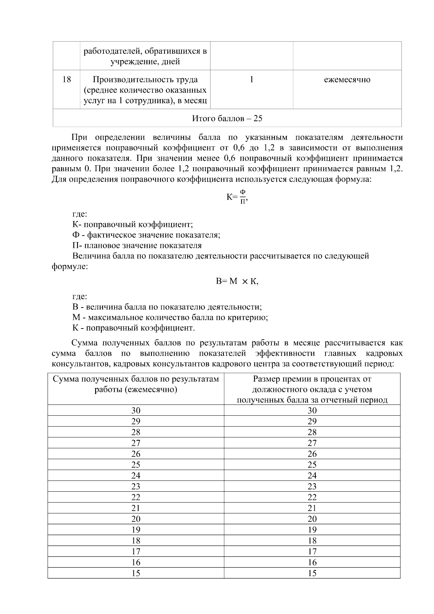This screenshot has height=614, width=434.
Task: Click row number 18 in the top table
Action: pos(67,80)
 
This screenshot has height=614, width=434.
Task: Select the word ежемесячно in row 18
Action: pos(347,80)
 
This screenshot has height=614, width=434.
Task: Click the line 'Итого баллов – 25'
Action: pos(227,118)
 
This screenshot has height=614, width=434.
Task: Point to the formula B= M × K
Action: pos(237,281)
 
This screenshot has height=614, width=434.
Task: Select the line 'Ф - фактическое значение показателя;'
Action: pos(146,235)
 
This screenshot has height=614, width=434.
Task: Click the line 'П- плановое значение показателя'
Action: pos(137,245)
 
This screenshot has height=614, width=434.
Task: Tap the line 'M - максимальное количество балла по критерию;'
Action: pos(170,317)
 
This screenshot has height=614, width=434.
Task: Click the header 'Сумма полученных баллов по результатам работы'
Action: pos(136,384)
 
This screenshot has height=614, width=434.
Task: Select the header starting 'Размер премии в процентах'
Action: pos(312,389)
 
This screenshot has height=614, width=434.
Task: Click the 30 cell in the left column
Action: pos(136,410)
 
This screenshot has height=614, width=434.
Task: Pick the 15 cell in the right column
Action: pos(312,573)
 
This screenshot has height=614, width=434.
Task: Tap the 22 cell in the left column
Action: pos(136,497)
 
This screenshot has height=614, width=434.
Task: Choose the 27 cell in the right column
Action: pos(312,443)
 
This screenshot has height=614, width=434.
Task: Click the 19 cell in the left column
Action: pos(136,530)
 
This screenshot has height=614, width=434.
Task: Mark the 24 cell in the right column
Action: pos(312,475)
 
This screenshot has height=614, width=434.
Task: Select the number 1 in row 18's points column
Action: pos(251,80)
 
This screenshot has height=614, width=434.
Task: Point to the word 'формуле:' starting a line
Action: pos(70,267)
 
